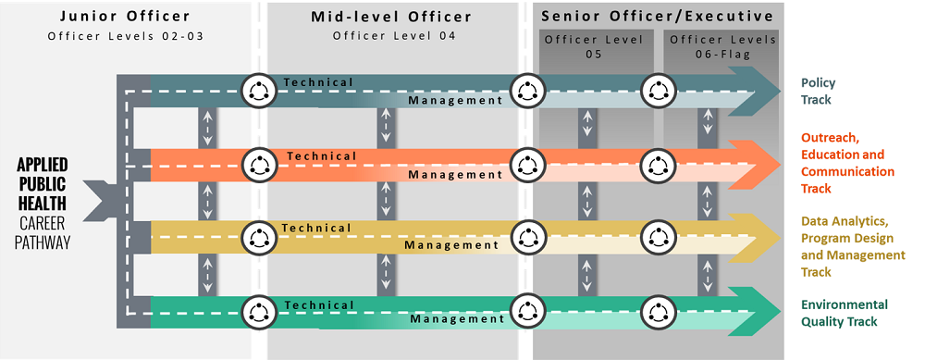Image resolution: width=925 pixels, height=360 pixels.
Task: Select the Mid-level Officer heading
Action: (392, 17)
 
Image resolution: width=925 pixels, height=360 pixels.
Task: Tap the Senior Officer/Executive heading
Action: (657, 17)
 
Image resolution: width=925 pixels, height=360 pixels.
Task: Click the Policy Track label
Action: (818, 91)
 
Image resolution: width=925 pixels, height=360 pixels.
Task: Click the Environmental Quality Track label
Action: (844, 313)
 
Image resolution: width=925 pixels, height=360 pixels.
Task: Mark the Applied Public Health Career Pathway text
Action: (43, 203)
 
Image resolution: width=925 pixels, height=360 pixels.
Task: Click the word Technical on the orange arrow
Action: (321, 155)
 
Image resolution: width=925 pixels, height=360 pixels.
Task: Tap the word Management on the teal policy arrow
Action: (455, 100)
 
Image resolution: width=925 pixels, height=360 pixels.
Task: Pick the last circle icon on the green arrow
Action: (658, 310)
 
